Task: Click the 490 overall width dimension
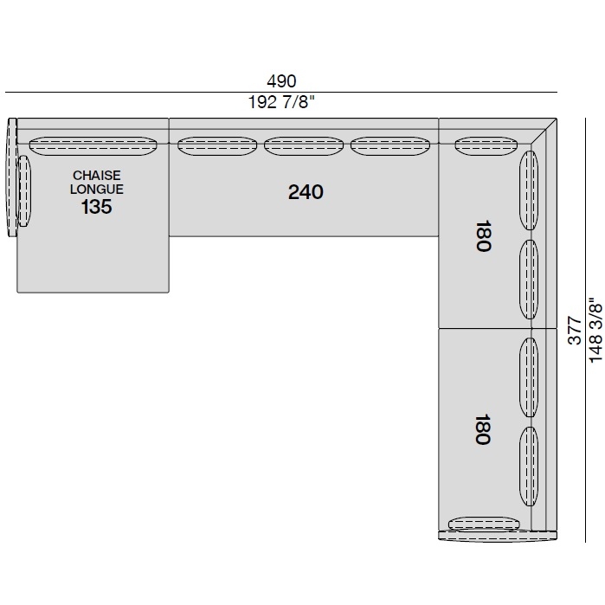click(281, 81)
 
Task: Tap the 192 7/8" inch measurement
click(281, 102)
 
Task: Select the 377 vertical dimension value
click(575, 331)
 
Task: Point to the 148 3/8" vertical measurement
click(595, 329)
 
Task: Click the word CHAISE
click(96, 176)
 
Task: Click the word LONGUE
click(97, 189)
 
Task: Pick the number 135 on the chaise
click(96, 207)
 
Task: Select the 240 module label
click(306, 192)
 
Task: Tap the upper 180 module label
click(483, 235)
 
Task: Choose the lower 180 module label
click(483, 429)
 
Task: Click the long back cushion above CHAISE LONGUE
click(93, 146)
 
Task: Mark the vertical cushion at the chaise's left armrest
click(24, 191)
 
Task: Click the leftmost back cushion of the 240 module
click(217, 146)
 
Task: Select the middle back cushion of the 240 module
click(304, 146)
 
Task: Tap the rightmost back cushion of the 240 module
click(390, 146)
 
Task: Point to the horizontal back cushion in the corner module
click(486, 146)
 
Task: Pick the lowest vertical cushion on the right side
click(529, 467)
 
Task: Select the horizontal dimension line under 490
click(281, 93)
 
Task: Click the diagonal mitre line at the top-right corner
click(544, 131)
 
